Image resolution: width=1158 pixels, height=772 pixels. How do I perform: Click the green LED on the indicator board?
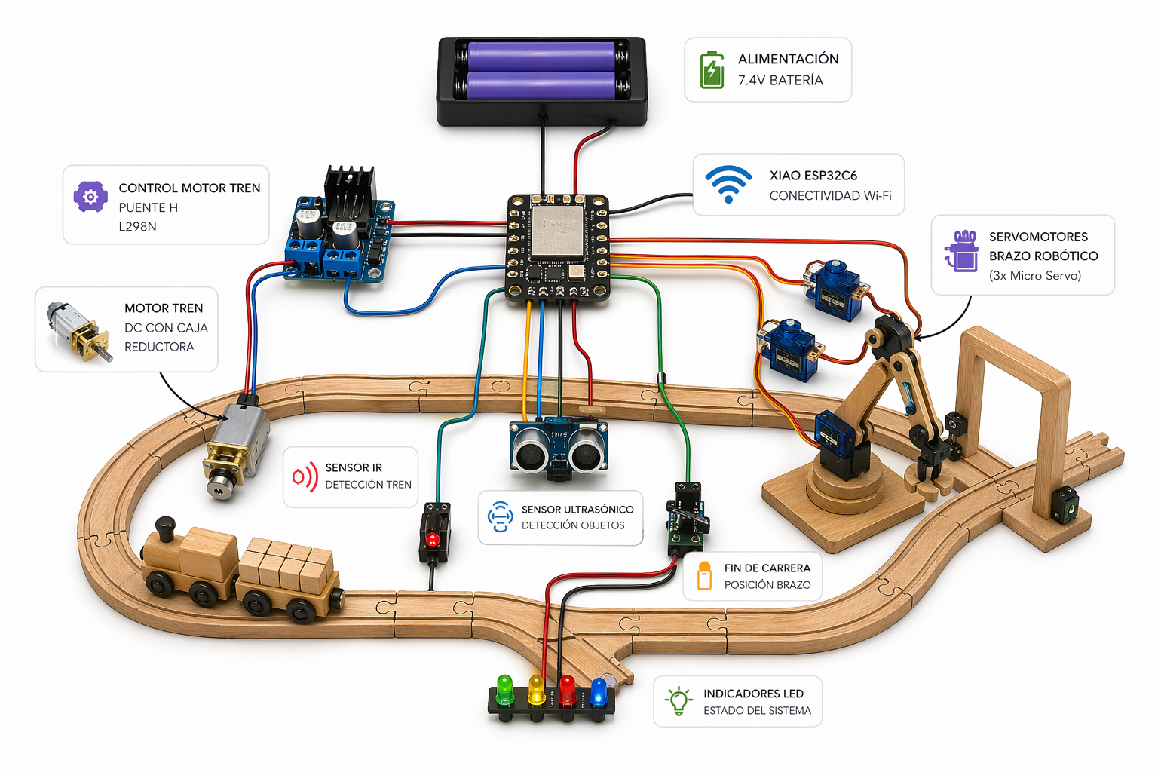click(x=504, y=688)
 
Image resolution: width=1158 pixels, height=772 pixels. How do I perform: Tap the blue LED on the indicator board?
click(x=599, y=690)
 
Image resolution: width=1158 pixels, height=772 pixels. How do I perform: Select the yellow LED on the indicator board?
click(x=536, y=688)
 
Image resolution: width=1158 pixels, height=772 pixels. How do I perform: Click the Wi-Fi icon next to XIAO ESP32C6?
click(x=728, y=184)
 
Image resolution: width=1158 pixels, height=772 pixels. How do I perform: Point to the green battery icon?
click(x=712, y=70)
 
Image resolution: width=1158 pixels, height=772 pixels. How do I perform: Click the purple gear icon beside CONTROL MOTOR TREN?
click(x=90, y=197)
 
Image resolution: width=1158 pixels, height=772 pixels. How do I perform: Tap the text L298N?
click(x=137, y=226)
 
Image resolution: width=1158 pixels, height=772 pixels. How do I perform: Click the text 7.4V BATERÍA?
click(x=780, y=80)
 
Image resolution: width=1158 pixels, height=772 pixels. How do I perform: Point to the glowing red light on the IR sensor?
click(x=433, y=539)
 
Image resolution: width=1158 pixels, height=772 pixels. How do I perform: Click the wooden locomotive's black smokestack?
click(x=164, y=525)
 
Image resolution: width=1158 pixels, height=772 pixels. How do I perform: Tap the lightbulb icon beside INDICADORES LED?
click(x=679, y=700)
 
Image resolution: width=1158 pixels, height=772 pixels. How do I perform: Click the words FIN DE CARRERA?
click(x=767, y=568)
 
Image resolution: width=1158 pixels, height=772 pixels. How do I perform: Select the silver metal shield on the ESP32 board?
click(x=557, y=231)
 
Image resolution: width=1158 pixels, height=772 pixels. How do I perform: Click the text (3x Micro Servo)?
click(x=1034, y=275)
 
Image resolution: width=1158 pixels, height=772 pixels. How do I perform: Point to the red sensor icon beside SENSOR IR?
click(x=305, y=476)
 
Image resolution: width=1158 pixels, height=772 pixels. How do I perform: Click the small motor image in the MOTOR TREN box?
click(x=78, y=331)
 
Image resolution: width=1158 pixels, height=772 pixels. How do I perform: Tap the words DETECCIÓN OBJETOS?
click(x=572, y=525)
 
